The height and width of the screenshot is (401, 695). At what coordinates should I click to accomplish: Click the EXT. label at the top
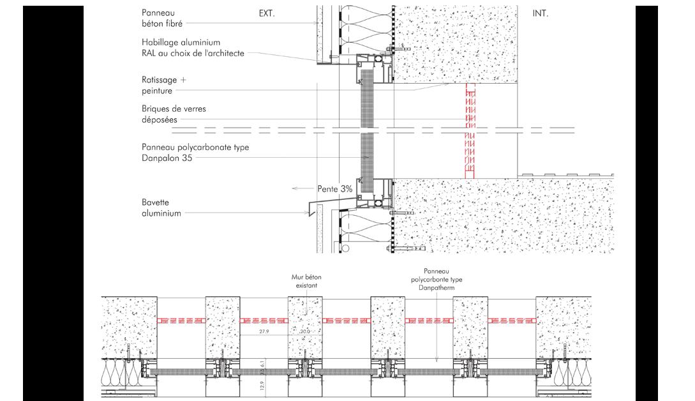[x=266, y=13]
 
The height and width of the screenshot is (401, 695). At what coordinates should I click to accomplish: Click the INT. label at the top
[x=540, y=13]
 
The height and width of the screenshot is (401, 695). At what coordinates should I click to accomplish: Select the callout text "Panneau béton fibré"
[x=162, y=18]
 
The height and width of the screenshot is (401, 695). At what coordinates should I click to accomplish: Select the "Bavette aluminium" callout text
[x=161, y=208]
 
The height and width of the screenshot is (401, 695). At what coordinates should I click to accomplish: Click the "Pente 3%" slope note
[x=335, y=189]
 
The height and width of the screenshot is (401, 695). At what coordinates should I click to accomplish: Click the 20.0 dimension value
[x=305, y=332]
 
